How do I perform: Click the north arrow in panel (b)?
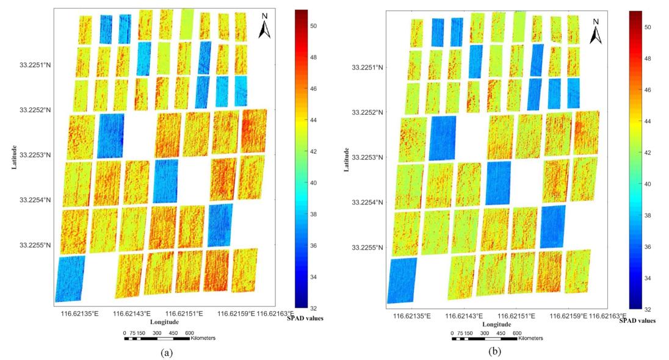(x=596, y=32)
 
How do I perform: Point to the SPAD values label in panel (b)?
(x=638, y=320)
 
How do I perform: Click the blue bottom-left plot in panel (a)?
(x=69, y=279)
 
